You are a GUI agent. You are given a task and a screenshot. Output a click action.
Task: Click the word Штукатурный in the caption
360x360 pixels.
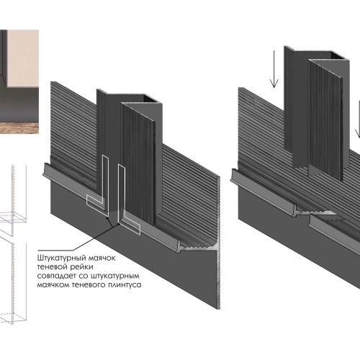[62, 258]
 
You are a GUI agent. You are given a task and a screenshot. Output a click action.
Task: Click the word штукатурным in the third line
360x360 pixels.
[115, 276]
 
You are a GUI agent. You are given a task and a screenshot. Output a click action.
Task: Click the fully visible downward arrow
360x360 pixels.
[274, 70]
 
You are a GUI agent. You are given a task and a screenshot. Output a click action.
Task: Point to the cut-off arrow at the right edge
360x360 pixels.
[358, 120]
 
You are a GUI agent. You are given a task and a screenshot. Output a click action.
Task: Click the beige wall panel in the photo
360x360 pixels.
[23, 59]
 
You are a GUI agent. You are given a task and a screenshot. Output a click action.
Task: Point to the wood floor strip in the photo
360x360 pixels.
[19, 128]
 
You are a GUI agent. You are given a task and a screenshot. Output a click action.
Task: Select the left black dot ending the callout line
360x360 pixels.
[108, 218]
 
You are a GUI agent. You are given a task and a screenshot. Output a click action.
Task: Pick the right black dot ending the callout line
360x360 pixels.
[119, 224]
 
